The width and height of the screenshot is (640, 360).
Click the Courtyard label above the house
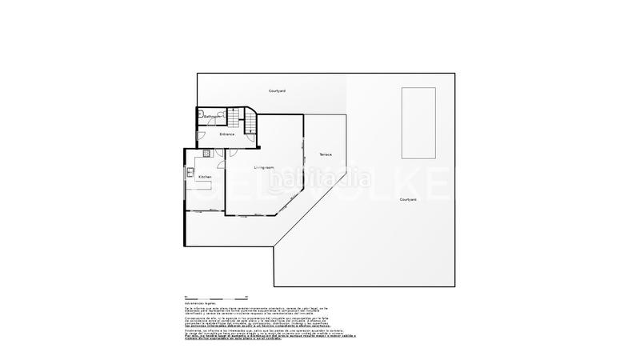click(x=278, y=92)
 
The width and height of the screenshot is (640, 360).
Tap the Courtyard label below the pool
click(x=408, y=199)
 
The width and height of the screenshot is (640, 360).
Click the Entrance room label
click(x=227, y=134)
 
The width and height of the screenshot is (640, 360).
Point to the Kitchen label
click(x=205, y=177)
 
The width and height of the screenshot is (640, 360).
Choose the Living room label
click(x=264, y=167)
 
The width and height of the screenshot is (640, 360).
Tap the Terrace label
click(x=326, y=154)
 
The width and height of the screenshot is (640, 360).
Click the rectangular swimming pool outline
click(x=418, y=124)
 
